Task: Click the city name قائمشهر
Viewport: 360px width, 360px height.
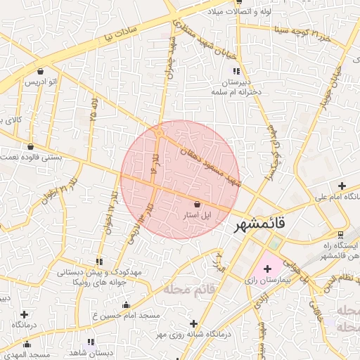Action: click(259, 224)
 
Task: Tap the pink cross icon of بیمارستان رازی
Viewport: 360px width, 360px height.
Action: click(267, 269)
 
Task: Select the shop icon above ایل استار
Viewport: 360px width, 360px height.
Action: click(197, 203)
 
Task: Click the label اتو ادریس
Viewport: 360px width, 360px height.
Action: click(42, 82)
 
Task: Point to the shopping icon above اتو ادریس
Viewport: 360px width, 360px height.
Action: click(40, 71)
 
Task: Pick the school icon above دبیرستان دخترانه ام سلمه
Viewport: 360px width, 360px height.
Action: click(237, 71)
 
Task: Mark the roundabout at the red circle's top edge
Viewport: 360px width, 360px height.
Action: click(161, 131)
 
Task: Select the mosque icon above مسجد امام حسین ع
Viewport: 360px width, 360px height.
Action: click(127, 304)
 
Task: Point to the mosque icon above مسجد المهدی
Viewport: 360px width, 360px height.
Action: click(27, 344)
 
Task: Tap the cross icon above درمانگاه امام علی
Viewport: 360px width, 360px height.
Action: click(342, 186)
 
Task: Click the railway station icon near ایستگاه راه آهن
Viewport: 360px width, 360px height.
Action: click(341, 234)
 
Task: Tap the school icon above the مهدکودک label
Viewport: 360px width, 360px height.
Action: click(98, 261)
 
